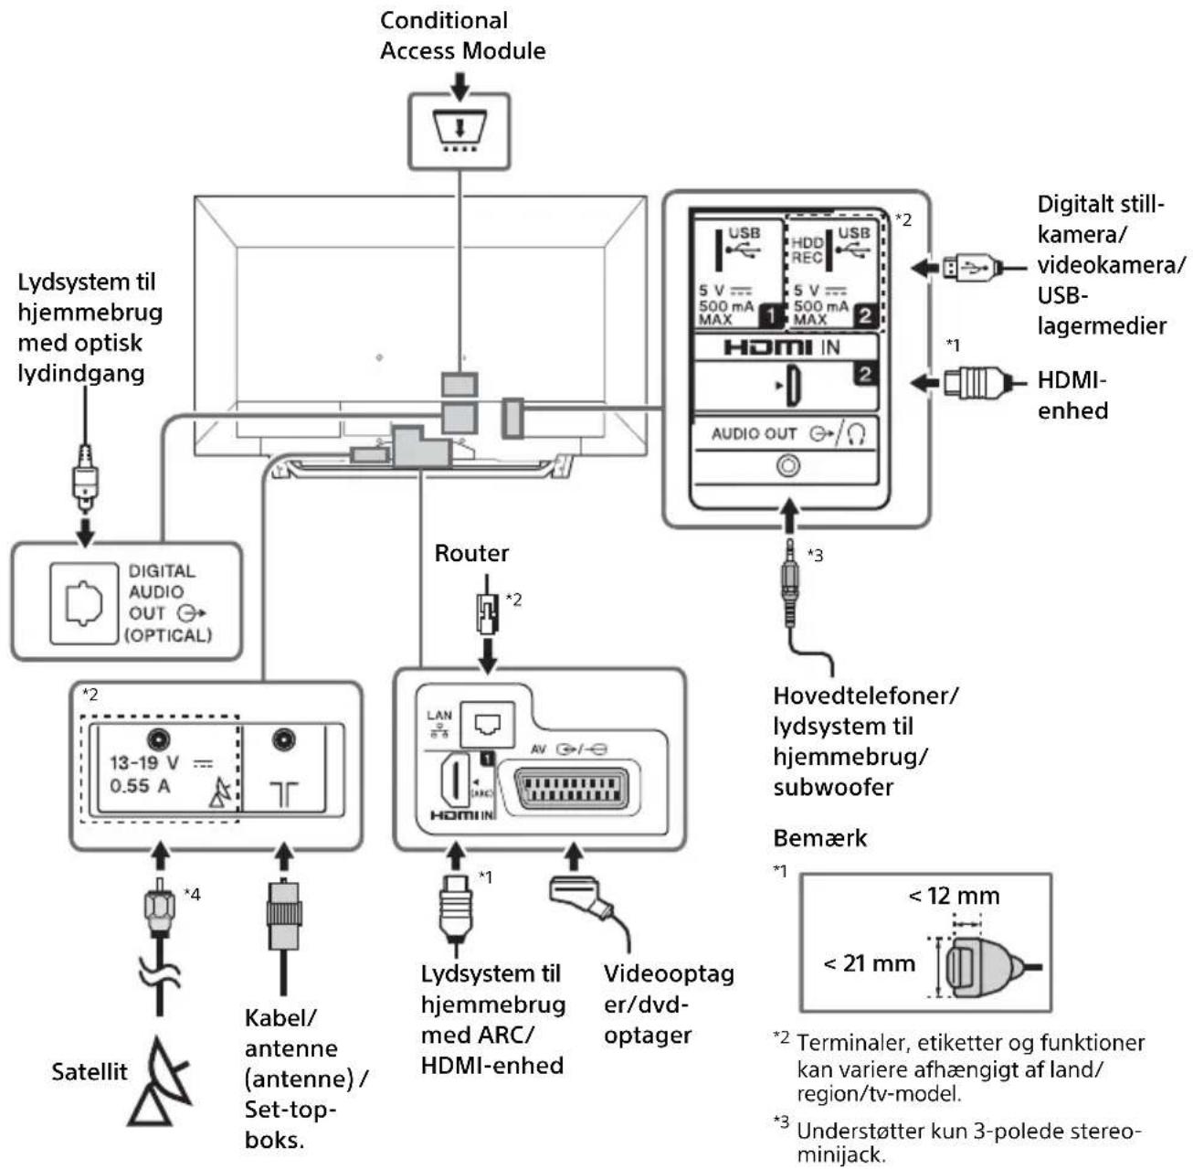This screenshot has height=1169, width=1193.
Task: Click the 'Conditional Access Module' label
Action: [x=462, y=36]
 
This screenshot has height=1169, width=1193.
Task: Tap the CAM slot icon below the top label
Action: [x=459, y=131]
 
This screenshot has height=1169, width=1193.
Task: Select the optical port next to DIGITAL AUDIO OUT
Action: [x=84, y=603]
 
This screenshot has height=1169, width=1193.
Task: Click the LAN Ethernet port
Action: [x=488, y=724]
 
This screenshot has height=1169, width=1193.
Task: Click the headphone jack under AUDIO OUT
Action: [x=787, y=466]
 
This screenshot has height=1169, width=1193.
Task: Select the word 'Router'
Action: [x=471, y=553]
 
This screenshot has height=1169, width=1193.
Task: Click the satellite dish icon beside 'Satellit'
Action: [x=160, y=1081]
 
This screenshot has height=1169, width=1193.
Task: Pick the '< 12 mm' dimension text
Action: [x=954, y=896]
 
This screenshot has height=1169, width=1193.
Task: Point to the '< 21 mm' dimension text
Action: [x=869, y=963]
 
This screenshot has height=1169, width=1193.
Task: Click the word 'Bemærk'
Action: [x=819, y=838]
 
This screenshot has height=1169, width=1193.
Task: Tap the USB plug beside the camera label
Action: [x=969, y=268]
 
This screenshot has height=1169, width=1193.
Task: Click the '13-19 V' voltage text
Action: [x=144, y=762]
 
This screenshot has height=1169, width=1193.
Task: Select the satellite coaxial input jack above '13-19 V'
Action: [x=159, y=739]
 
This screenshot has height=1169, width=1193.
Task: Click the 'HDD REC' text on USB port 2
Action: [x=807, y=250]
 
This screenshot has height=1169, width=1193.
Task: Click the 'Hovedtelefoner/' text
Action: [x=865, y=696]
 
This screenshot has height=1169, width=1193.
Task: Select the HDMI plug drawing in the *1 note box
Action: [x=985, y=967]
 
